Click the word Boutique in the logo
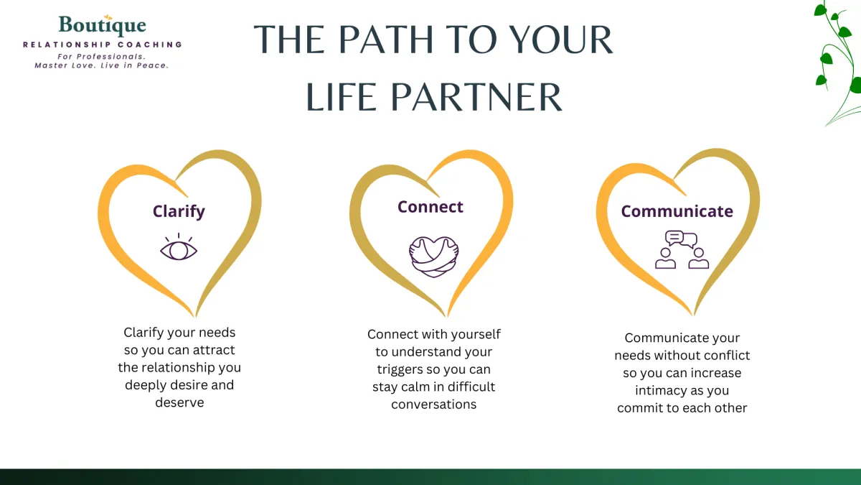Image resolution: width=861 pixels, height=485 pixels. [102, 27]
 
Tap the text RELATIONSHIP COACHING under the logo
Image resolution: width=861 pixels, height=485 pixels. [103, 45]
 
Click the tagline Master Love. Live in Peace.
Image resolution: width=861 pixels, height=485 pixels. [101, 65]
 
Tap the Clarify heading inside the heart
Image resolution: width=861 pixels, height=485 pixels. [179, 211]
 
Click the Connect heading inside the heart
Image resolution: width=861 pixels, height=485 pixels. [430, 207]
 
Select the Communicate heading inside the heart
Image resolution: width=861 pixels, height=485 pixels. [677, 211]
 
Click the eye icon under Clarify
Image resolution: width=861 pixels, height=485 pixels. [178, 248]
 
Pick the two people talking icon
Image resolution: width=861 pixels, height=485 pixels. [682, 257]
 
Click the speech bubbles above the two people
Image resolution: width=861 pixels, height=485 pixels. [681, 239]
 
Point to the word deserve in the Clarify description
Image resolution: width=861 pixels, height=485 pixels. [179, 402]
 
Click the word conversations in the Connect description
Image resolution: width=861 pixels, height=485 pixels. [433, 404]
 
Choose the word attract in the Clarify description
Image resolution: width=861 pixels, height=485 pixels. [213, 350]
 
